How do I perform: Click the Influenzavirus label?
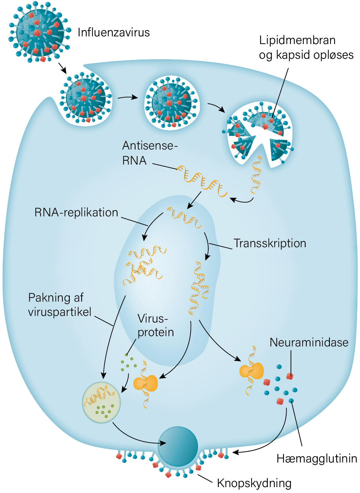point(114,33)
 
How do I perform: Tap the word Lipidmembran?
point(297,40)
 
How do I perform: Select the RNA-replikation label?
point(76,213)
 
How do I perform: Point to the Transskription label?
point(270,244)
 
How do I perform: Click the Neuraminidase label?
point(309,342)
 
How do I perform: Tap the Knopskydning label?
point(254,483)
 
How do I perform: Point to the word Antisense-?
point(150,145)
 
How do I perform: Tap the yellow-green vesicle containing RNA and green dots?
point(101,402)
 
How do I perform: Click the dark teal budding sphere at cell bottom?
point(178,446)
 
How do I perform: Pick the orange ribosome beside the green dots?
point(146,384)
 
